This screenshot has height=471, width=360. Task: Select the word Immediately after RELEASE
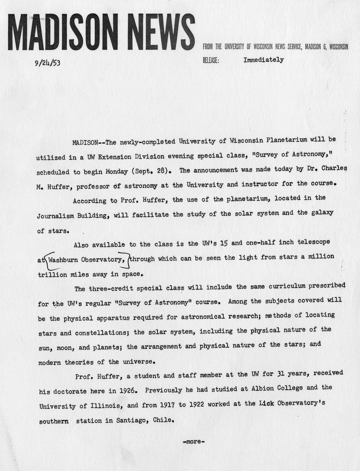point(263,60)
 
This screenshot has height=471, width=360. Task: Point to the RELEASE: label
point(211,60)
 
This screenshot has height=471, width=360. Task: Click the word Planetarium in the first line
point(286,140)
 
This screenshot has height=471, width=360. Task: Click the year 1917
point(167,405)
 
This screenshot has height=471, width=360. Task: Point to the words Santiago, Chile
point(145,420)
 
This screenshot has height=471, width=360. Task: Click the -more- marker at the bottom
point(194,442)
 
